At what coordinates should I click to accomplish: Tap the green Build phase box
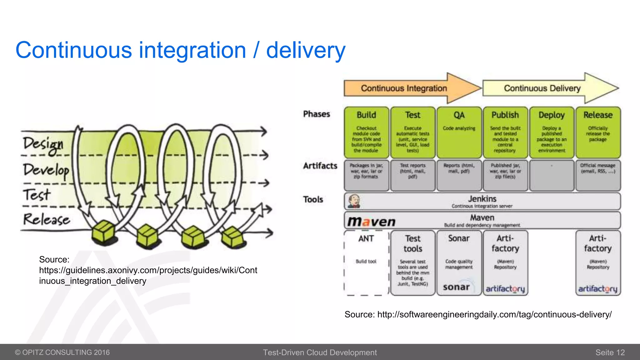(x=366, y=132)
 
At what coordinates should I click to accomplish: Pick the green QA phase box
(x=459, y=132)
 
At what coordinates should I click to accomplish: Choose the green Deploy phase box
(x=552, y=132)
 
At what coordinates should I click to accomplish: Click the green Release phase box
(x=598, y=132)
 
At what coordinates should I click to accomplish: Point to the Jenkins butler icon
(x=354, y=201)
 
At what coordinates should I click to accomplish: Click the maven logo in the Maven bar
(x=372, y=222)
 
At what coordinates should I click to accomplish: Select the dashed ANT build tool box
(x=366, y=263)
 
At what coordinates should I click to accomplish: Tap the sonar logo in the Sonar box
(x=456, y=287)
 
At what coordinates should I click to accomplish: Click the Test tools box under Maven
(x=413, y=263)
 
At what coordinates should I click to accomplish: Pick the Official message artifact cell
(x=598, y=175)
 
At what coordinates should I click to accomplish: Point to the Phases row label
(x=316, y=114)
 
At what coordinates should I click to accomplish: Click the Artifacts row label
(x=320, y=166)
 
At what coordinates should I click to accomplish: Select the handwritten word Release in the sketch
(x=46, y=219)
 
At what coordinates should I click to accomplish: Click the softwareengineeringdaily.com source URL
(x=494, y=314)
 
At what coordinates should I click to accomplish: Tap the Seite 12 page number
(x=610, y=352)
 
